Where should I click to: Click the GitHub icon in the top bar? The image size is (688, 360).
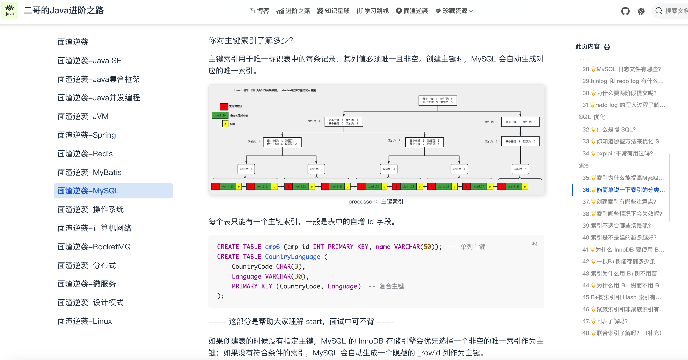tap(625, 11)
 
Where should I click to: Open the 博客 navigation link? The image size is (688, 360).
tap(259, 11)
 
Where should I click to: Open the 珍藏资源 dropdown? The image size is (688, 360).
tap(454, 11)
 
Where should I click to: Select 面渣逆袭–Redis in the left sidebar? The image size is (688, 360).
tap(85, 154)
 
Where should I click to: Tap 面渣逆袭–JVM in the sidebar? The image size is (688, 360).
tap(83, 116)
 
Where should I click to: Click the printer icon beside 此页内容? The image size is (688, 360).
tap(607, 47)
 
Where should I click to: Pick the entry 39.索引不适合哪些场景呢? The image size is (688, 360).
tap(616, 226)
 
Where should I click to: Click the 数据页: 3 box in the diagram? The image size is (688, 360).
tap(388, 169)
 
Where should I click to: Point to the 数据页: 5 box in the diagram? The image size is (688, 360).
tap(520, 169)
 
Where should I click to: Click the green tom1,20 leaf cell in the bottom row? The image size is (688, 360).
tap(228, 186)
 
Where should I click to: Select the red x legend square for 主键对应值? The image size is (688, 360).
tap(224, 107)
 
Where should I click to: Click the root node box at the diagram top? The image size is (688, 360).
tap(438, 100)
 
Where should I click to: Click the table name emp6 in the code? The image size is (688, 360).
tap(272, 247)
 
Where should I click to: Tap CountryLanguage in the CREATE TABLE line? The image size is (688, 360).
tap(292, 257)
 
